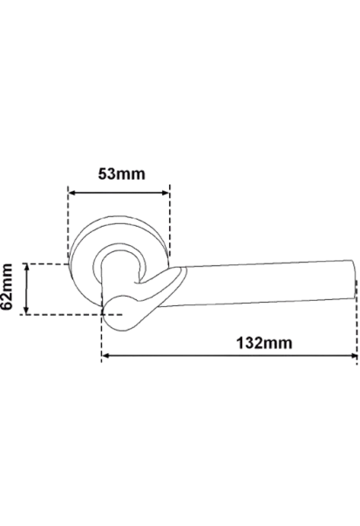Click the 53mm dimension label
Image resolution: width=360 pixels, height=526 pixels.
[x=122, y=174]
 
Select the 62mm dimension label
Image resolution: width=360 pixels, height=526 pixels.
[x=7, y=287]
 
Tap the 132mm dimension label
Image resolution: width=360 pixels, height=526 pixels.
[x=264, y=343]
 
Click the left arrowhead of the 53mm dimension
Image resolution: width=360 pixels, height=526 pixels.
[x=71, y=193]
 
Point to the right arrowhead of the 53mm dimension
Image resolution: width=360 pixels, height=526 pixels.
[x=166, y=193]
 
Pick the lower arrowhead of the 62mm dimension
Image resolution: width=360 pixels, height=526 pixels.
[x=27, y=311]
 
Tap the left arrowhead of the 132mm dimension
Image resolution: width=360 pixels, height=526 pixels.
[x=105, y=355]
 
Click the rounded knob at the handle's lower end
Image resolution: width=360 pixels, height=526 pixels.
[x=120, y=314]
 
